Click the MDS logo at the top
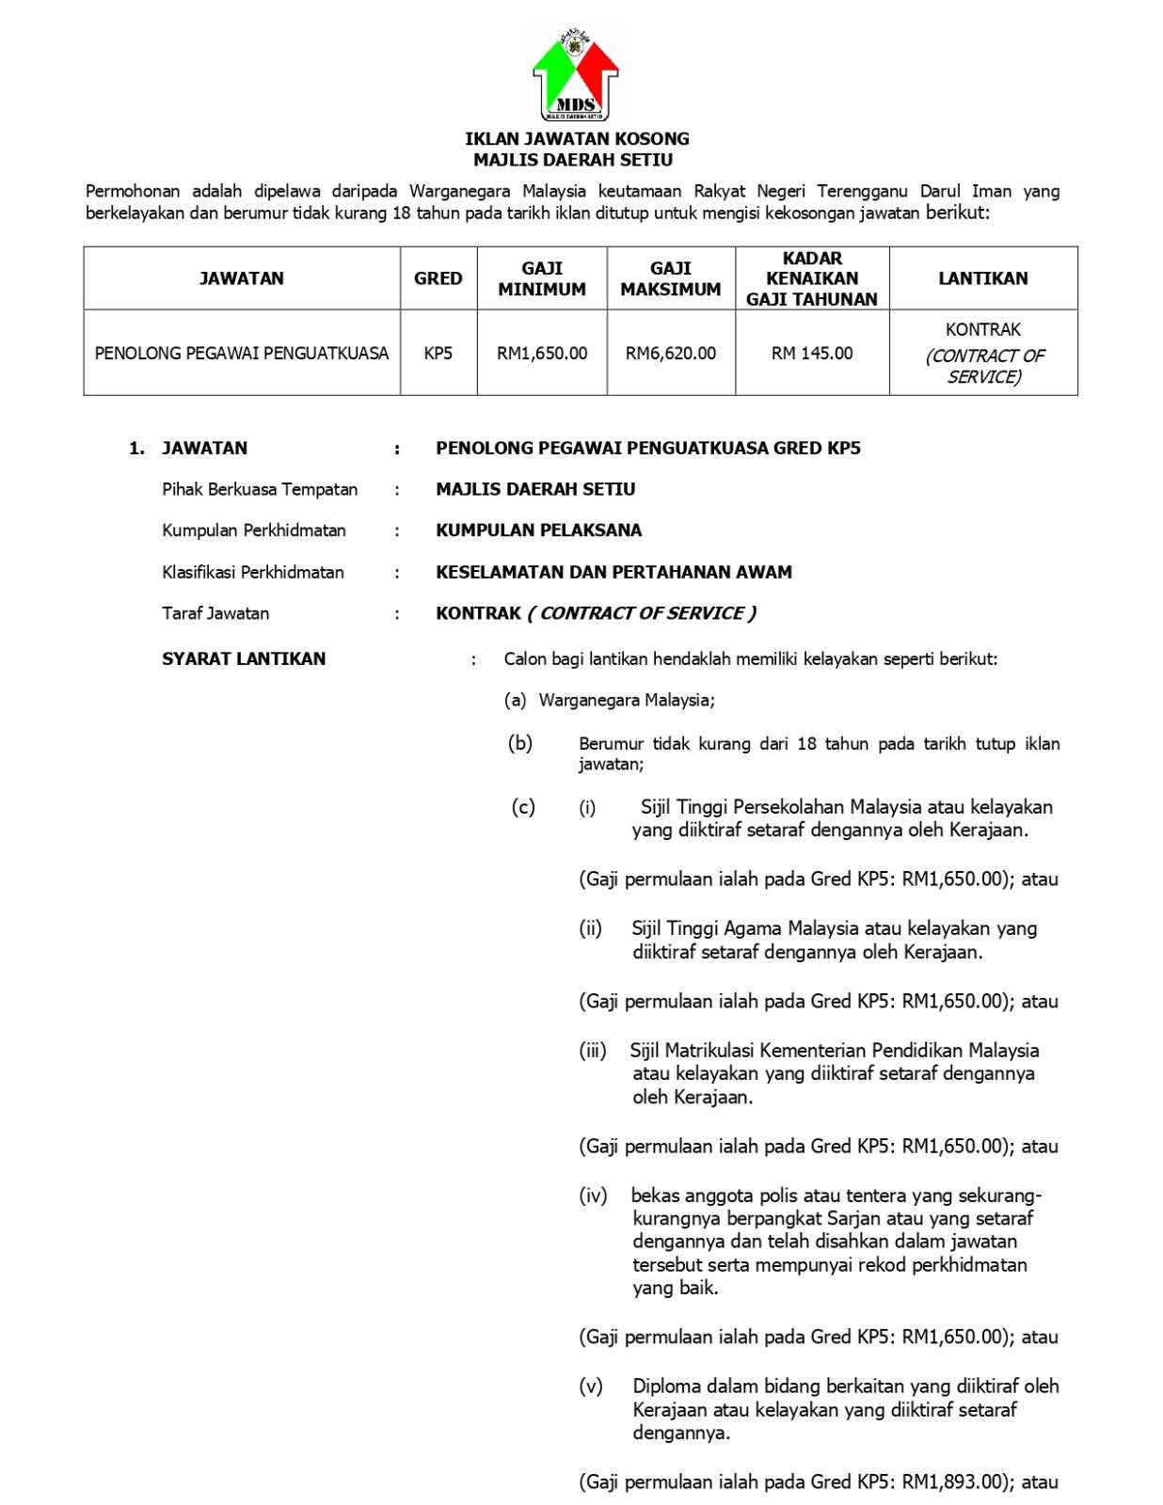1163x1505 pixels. pyautogui.click(x=576, y=75)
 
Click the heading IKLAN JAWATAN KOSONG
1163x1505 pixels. pyautogui.click(x=577, y=138)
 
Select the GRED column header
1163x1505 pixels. pyautogui.click(x=438, y=278)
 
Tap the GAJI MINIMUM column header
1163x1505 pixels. pyautogui.click(x=542, y=278)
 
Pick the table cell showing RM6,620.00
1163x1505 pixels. pyautogui.click(x=670, y=354)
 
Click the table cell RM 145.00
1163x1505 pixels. pyautogui.click(x=812, y=354)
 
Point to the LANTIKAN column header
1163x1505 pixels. pyautogui.click(x=982, y=278)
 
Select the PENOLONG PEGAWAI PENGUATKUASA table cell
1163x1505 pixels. pyautogui.click(x=242, y=354)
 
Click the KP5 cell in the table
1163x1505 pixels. pyautogui.click(x=438, y=354)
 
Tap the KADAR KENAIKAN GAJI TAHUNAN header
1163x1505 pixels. pyautogui.click(x=812, y=278)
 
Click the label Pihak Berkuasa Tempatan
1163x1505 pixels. pyautogui.click(x=260, y=489)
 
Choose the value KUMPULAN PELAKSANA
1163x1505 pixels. pyautogui.click(x=538, y=531)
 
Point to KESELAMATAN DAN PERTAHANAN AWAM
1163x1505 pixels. pyautogui.click(x=613, y=572)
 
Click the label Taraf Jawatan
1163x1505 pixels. pyautogui.click(x=215, y=613)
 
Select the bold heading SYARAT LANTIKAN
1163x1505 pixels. pyautogui.click(x=244, y=658)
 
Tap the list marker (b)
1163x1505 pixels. pyautogui.click(x=520, y=743)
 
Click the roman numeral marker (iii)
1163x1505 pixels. pyautogui.click(x=593, y=1051)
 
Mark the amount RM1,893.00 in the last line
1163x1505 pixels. pyautogui.click(x=953, y=1482)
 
